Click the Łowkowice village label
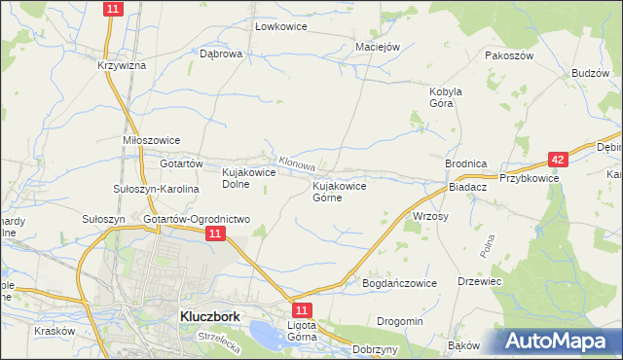click(280, 26)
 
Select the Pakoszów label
click(510, 56)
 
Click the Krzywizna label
click(122, 65)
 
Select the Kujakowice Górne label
click(340, 191)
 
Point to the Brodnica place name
click(465, 164)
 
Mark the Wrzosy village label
click(430, 216)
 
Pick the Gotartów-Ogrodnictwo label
click(198, 219)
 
